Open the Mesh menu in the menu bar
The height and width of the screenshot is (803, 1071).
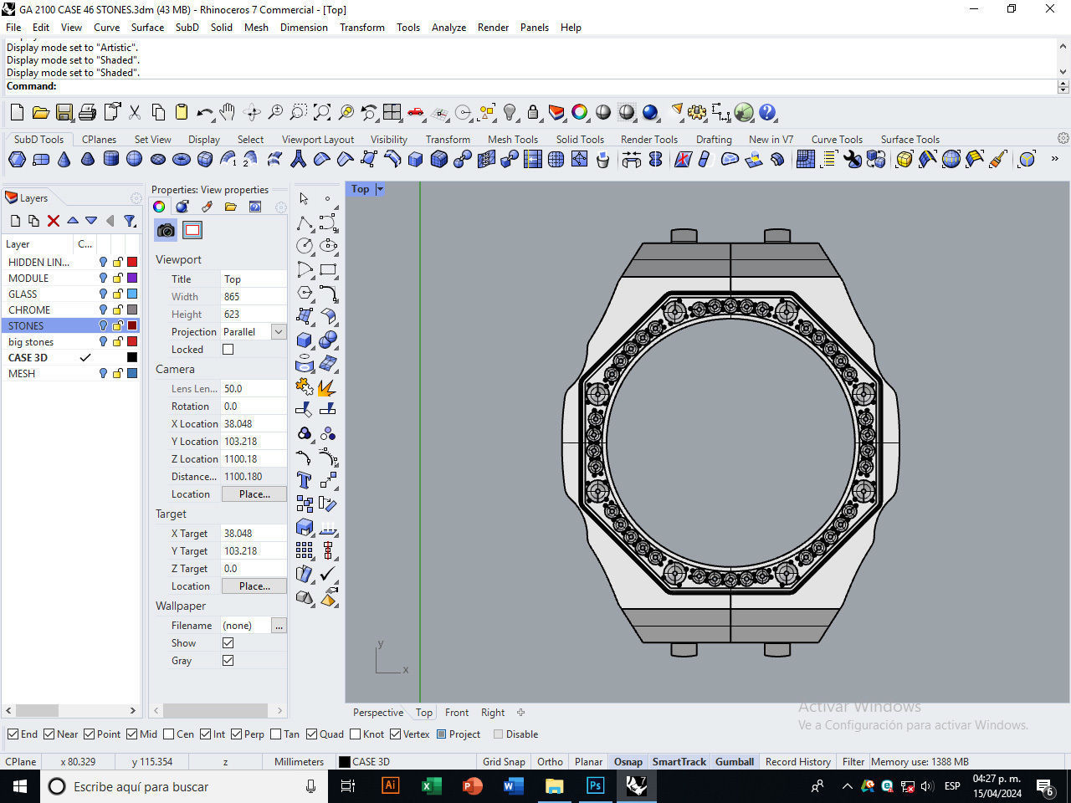point(256,27)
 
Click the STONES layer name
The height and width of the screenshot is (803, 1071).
point(26,325)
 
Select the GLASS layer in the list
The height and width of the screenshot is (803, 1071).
point(23,294)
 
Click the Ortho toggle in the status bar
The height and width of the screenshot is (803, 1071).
point(550,761)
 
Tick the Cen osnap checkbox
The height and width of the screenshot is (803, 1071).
point(169,734)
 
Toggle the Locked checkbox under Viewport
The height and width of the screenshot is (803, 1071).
point(228,350)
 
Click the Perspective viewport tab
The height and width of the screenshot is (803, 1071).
point(377,713)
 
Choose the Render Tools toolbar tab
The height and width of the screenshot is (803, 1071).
point(648,140)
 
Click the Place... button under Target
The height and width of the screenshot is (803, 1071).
point(254,586)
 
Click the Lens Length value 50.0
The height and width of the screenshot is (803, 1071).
point(233,389)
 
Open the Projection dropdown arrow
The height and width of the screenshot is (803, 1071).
point(279,332)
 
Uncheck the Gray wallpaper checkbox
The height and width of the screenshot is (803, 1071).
point(228,661)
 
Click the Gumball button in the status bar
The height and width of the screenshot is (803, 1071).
point(734,761)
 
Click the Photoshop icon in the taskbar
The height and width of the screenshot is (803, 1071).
point(595,786)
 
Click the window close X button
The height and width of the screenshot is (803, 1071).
point(1050,9)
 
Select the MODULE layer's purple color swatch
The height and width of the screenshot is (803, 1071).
point(132,278)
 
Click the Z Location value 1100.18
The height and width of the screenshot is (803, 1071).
point(241,459)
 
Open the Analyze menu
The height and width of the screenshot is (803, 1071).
point(448,27)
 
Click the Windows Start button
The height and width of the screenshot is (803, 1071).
point(20,786)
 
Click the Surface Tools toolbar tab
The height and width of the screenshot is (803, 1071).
point(910,140)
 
